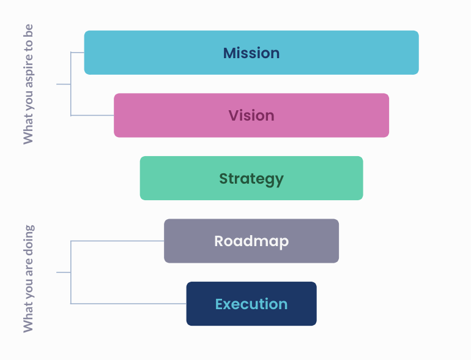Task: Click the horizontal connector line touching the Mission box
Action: click(78, 53)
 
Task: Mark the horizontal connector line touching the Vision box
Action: click(92, 115)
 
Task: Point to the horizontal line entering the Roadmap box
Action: click(116, 241)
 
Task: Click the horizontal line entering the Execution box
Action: click(128, 303)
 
